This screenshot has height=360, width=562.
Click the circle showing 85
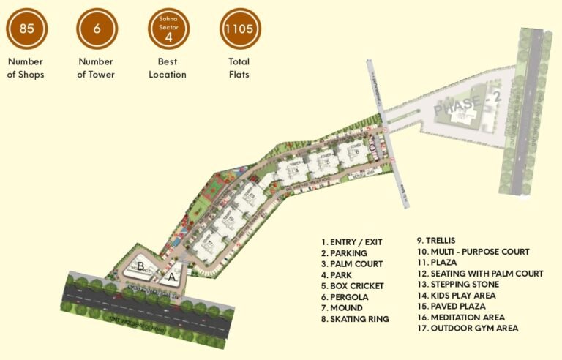pos(27,29)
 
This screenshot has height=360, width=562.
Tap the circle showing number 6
pos(97,29)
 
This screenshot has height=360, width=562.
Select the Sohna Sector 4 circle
pos(168,29)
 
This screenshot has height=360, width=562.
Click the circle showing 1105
pos(240,29)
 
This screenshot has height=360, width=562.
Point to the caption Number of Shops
pos(27,68)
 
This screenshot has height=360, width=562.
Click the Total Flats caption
pos(239,68)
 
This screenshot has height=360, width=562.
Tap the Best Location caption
pos(168,68)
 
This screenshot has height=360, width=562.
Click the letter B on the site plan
pos(140,266)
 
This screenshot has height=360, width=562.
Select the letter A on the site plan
pos(172,277)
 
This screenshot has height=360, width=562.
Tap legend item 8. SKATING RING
pos(355,319)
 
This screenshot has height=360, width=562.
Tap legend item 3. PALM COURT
pos(354,264)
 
